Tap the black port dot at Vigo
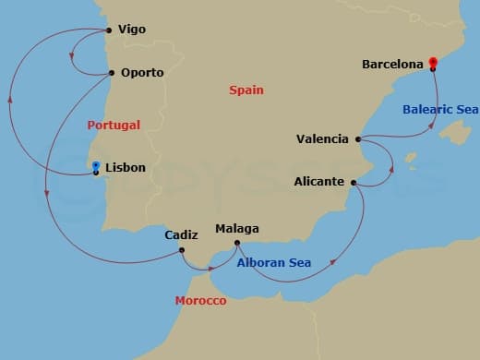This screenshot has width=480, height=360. tap(110, 30)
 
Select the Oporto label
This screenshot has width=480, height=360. tap(142, 73)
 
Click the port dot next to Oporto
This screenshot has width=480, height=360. tap(112, 73)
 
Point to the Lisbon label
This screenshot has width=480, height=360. tap(126, 168)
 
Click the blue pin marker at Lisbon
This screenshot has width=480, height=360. tap(96, 167)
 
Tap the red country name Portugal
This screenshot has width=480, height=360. tap(114, 125)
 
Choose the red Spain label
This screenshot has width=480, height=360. tap(246, 90)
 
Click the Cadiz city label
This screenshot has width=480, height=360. tap(181, 234)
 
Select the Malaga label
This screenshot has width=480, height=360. tap(236, 229)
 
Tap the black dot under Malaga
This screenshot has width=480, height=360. tap(237, 243)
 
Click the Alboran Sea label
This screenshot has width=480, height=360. tap(274, 263)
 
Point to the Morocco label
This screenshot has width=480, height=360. tap(200, 302)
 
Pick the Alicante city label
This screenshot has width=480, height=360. tap(320, 182)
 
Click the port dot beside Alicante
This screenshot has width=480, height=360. tap(354, 183)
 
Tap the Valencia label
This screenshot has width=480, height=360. tap(322, 139)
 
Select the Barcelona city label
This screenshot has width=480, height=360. tap(393, 65)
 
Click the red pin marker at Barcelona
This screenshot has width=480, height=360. tap(432, 63)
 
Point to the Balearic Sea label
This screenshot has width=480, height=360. tap(438, 110)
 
